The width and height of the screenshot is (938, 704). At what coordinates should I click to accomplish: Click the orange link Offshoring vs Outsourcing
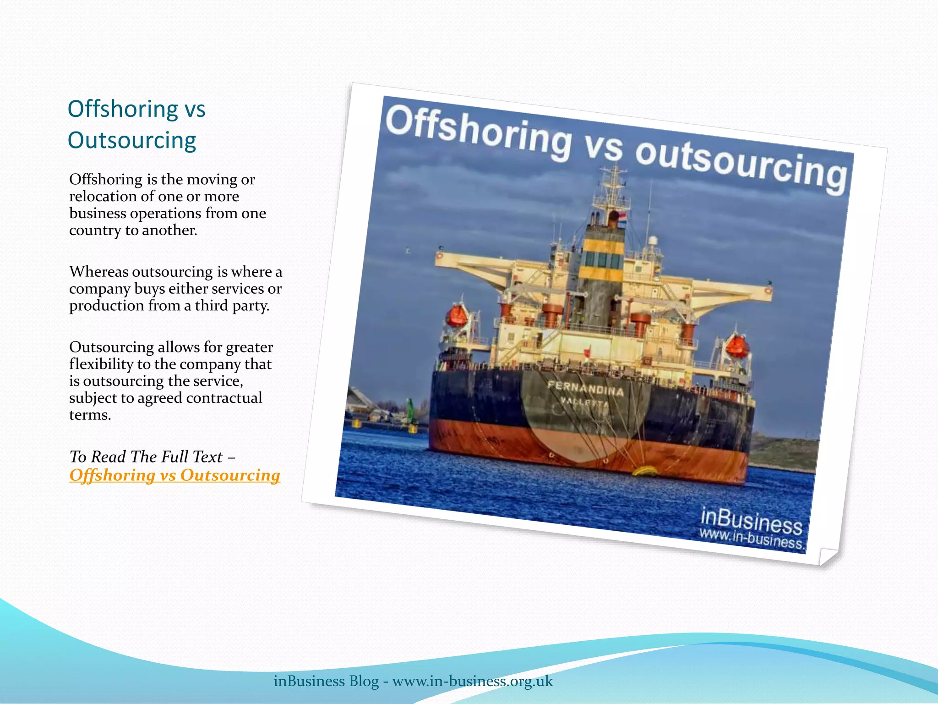click(175, 475)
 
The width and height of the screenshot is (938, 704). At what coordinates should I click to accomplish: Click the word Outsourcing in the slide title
click(132, 140)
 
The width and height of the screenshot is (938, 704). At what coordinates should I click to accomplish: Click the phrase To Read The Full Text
click(146, 456)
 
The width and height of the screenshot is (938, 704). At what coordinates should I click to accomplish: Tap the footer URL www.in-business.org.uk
click(473, 681)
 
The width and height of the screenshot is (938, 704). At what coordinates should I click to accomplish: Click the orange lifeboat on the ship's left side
click(456, 316)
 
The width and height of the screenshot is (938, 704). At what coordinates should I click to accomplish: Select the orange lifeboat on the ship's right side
click(737, 346)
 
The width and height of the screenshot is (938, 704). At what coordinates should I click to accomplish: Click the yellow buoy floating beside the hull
click(645, 471)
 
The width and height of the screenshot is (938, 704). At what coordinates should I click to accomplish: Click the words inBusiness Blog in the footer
click(326, 681)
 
